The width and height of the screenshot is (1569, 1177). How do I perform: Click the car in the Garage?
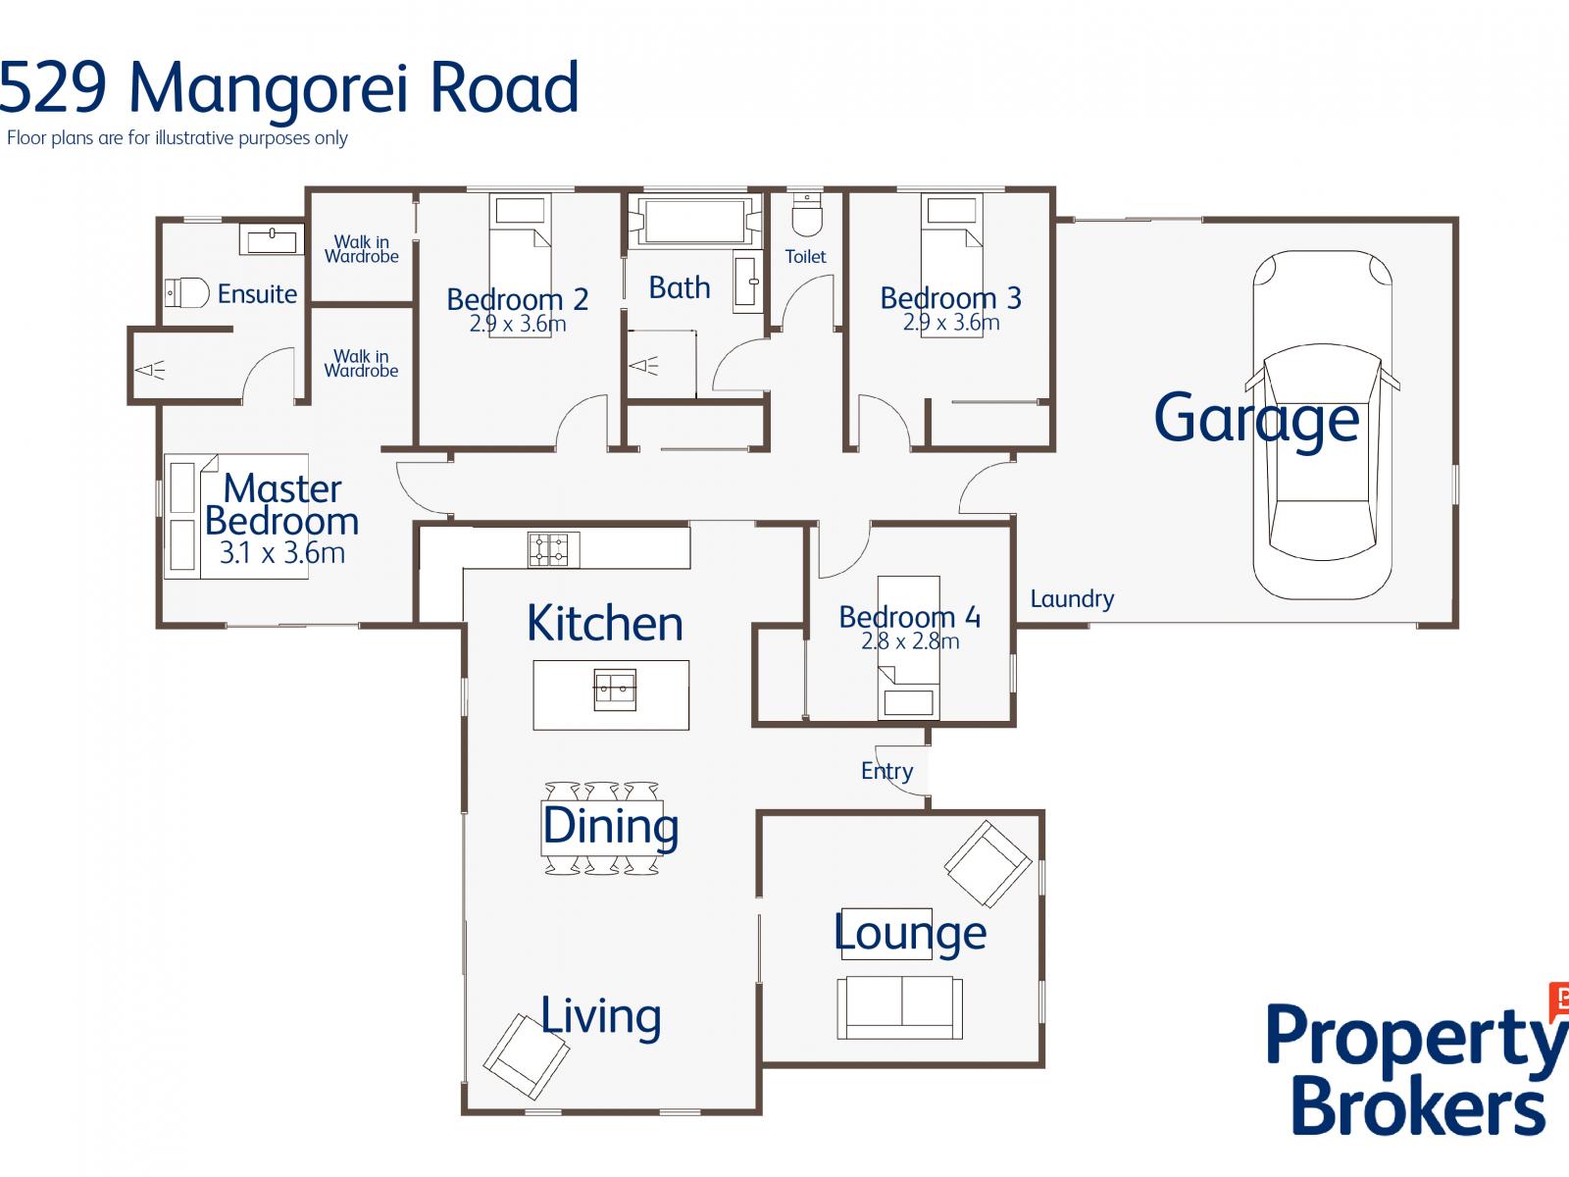(1322, 425)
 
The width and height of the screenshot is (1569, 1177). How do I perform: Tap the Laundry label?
(1072, 599)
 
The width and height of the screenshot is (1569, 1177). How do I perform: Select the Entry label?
(886, 771)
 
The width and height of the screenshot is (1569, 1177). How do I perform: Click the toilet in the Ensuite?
(186, 292)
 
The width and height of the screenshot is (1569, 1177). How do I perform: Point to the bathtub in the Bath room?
(694, 221)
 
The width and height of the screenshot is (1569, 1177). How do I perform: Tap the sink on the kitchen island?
(615, 690)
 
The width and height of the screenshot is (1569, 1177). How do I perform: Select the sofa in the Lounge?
(899, 1007)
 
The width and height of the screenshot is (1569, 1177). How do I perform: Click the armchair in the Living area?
(526, 1057)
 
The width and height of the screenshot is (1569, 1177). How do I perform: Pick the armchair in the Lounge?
(987, 863)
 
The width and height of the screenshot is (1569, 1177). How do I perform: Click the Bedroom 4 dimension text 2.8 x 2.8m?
(910, 641)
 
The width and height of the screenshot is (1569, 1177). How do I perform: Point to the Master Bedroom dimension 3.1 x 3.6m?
(281, 553)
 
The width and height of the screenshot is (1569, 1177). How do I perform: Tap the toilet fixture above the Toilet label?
(807, 214)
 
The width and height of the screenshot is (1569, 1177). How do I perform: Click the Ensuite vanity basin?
(272, 239)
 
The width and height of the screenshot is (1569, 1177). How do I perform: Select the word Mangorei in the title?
(268, 88)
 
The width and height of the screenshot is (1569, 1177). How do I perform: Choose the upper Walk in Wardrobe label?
(362, 249)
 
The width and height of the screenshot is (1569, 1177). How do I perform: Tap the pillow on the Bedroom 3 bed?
(951, 211)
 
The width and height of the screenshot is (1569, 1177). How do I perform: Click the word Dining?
(611, 828)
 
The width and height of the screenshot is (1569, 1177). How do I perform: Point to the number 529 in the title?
(53, 87)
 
